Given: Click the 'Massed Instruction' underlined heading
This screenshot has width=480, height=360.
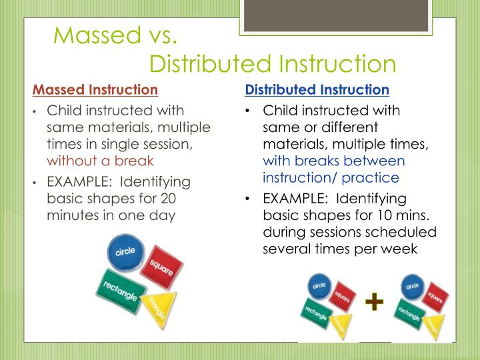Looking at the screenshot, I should (95, 89).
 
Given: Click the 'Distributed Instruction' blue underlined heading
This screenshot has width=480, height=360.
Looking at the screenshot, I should (317, 89).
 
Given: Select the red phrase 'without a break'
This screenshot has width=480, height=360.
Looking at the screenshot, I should (100, 161).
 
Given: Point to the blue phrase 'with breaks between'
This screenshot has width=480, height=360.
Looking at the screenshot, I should (333, 161).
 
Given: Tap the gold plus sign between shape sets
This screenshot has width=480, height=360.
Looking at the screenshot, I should (375, 303).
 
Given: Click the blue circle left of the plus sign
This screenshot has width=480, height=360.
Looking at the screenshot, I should (319, 286).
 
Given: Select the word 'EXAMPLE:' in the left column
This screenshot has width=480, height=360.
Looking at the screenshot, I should (75, 181).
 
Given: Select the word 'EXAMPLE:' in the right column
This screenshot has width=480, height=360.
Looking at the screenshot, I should (292, 198).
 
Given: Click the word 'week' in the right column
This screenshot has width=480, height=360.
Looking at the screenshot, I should (399, 249).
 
